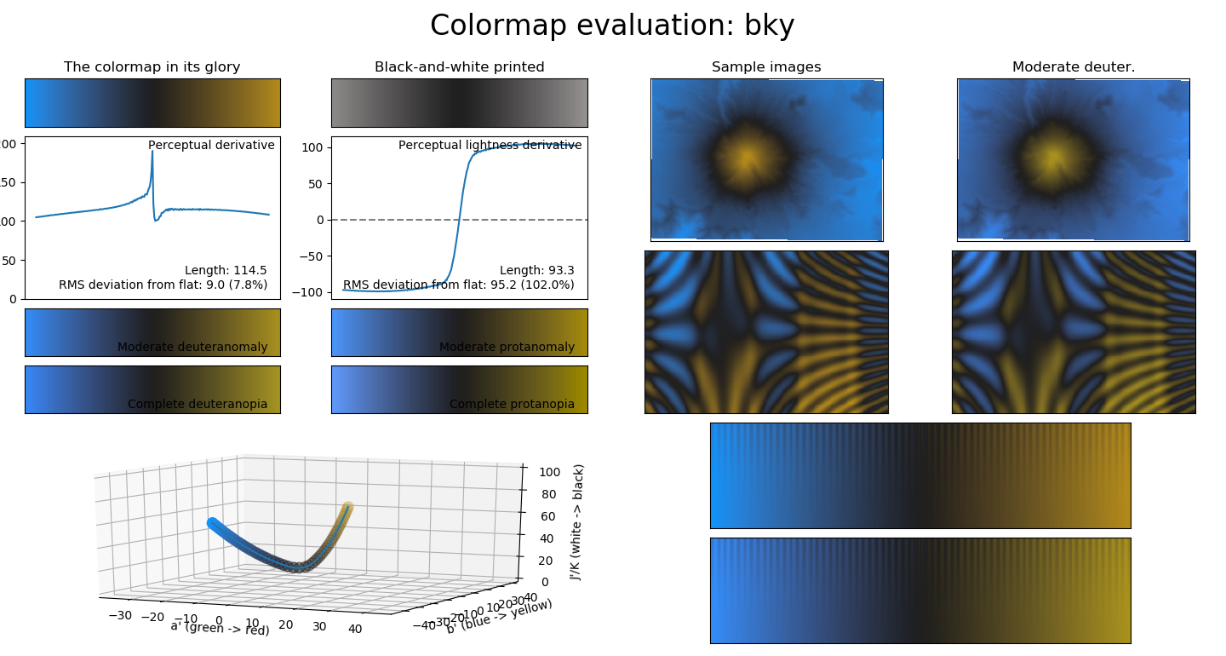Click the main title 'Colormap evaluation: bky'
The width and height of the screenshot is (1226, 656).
point(612,26)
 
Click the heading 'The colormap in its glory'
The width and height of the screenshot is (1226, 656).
point(152,67)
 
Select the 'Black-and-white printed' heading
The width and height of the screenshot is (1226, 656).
point(459,67)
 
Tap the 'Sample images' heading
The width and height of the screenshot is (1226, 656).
point(766,67)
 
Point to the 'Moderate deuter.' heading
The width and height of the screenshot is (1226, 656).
point(1074,67)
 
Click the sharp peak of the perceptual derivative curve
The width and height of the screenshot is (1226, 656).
point(152,152)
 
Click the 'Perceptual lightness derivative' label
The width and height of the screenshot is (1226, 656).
point(490,146)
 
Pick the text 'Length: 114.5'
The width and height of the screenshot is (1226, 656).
point(226,271)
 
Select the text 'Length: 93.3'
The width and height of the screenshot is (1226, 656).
point(536,271)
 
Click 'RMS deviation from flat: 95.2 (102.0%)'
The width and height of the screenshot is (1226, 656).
point(458,285)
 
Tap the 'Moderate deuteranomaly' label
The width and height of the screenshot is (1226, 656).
point(192,347)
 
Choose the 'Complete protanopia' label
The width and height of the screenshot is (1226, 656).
point(512,404)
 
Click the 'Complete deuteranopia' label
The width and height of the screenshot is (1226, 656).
point(198,404)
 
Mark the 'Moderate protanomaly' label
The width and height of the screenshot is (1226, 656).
point(507,347)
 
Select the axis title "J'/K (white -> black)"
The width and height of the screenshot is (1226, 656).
point(578,521)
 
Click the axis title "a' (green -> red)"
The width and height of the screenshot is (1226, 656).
point(220,628)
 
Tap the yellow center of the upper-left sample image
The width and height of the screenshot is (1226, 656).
point(746,158)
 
